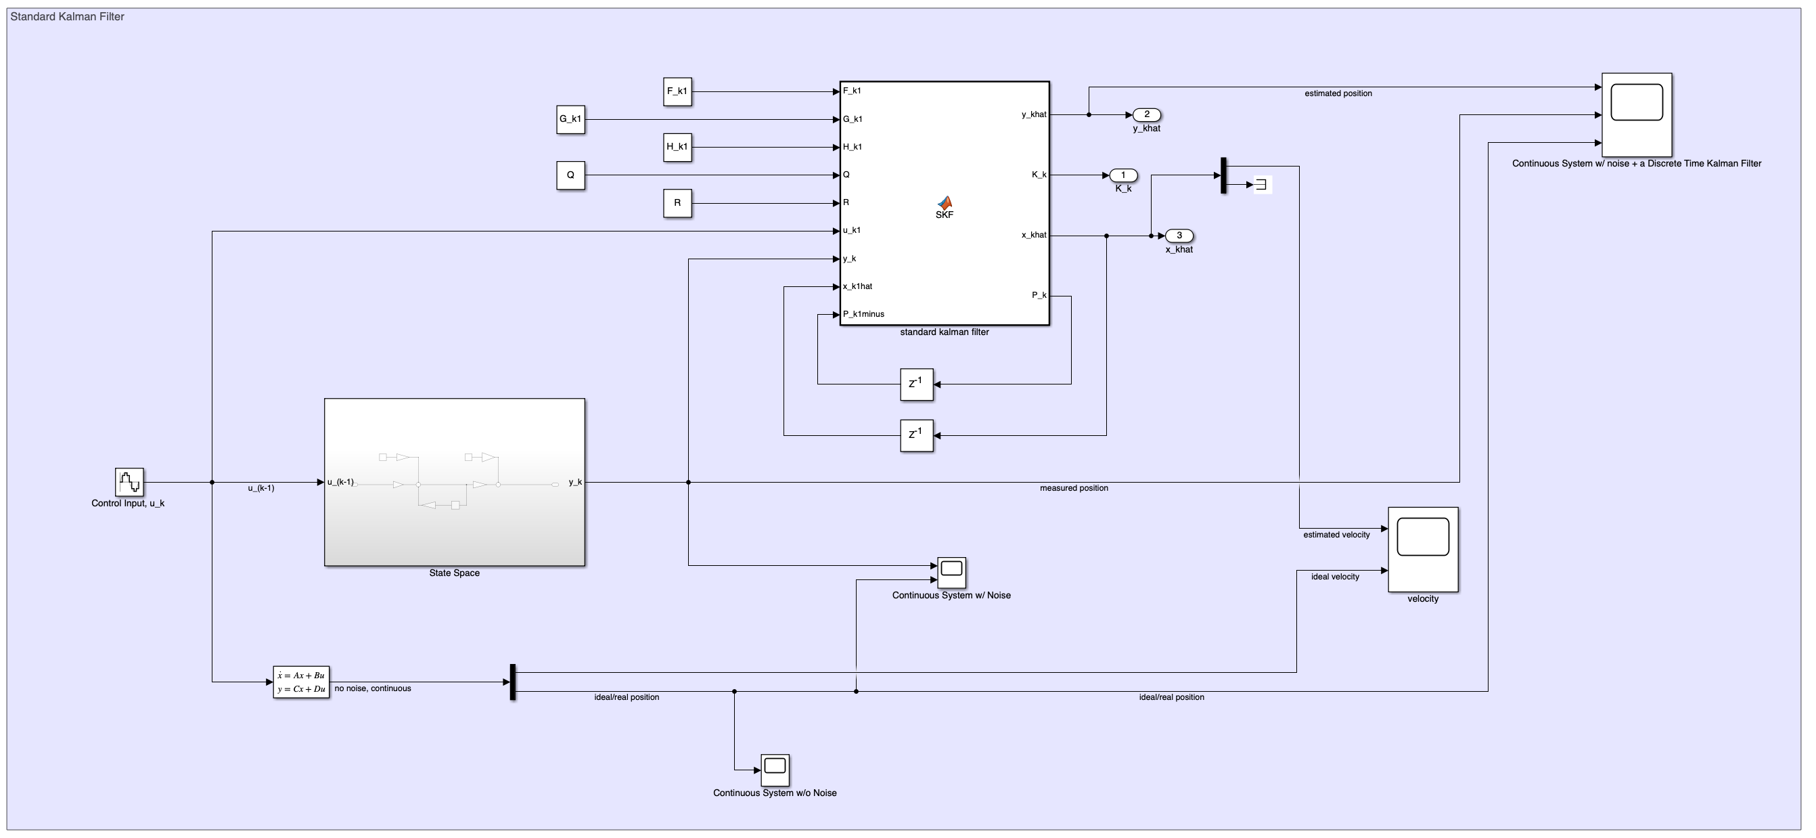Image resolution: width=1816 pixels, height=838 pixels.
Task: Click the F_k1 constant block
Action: click(x=677, y=91)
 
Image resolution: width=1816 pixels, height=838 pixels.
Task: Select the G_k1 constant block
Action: click(x=570, y=119)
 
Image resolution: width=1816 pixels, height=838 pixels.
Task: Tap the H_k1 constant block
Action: click(x=677, y=148)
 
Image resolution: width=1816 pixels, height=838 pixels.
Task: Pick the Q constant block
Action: click(x=570, y=175)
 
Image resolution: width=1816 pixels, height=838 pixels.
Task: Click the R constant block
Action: click(x=677, y=203)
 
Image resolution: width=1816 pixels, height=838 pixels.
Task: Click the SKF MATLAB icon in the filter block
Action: click(x=944, y=204)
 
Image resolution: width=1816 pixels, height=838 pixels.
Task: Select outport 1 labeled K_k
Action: click(x=1123, y=175)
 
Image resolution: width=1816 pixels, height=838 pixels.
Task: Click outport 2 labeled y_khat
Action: click(x=1146, y=114)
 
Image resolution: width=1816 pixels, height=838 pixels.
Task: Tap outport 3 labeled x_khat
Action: click(x=1179, y=236)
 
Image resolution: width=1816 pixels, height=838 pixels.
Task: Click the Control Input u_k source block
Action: click(x=129, y=483)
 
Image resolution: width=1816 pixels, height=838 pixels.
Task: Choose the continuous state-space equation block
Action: click(x=301, y=682)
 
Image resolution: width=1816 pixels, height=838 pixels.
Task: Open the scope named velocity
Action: click(x=1423, y=550)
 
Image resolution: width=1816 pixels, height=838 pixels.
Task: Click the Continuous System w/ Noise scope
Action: click(x=951, y=573)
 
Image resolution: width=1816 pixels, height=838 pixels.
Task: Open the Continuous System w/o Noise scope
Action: click(x=775, y=770)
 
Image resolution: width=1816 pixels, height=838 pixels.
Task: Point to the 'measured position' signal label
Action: click(x=1074, y=488)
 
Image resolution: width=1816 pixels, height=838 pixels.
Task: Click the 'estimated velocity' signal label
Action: click(x=1336, y=535)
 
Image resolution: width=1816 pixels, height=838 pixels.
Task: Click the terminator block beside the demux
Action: click(x=1261, y=185)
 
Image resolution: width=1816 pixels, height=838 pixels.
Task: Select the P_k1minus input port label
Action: click(x=863, y=315)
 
